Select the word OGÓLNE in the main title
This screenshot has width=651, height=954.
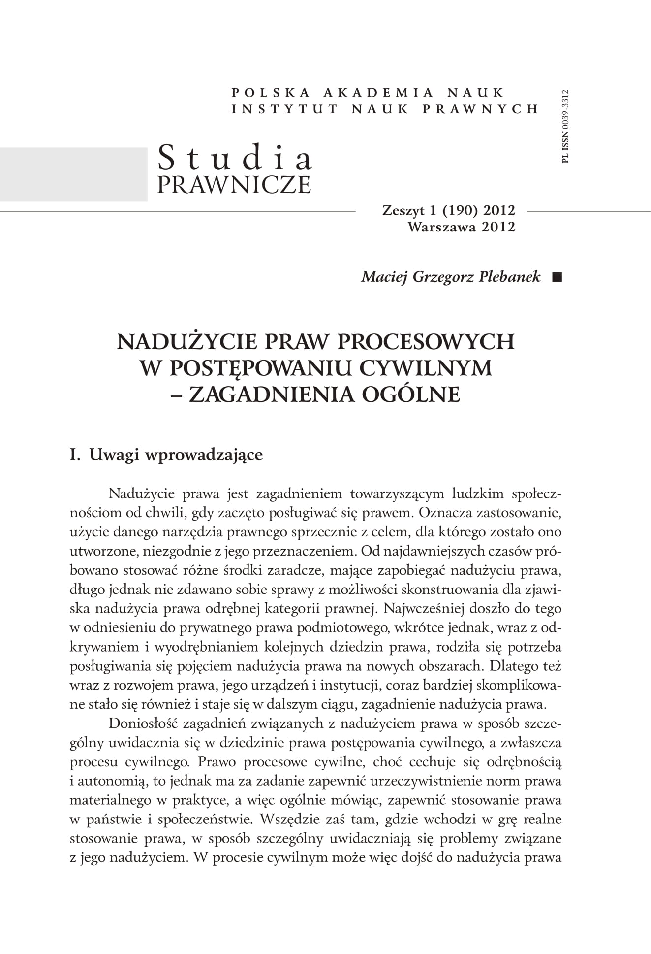point(411,395)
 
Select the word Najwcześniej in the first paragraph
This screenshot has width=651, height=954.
point(423,609)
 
